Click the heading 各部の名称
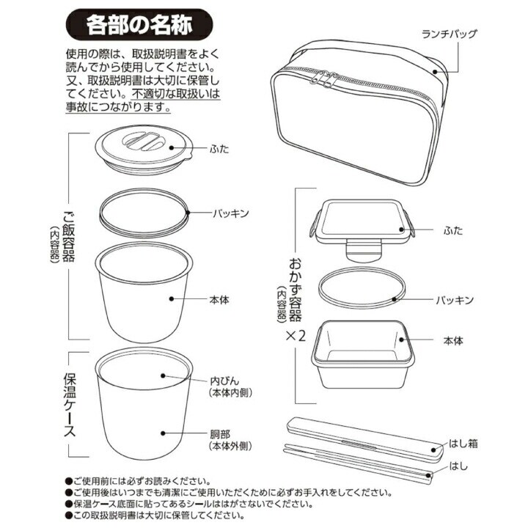click(139, 25)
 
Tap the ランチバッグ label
click(450, 34)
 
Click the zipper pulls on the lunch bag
click(325, 79)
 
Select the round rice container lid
click(144, 150)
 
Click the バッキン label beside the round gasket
click(231, 213)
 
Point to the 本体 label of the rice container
click(219, 299)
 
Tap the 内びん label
click(224, 381)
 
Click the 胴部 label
click(220, 434)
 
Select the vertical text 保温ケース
click(70, 404)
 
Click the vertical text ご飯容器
click(69, 236)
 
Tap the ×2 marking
click(296, 335)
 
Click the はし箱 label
click(463, 444)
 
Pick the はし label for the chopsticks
click(458, 466)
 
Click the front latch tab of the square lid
click(364, 251)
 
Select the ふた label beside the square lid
click(453, 231)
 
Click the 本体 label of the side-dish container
click(453, 341)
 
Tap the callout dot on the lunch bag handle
click(435, 72)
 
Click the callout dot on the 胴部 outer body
click(163, 433)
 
